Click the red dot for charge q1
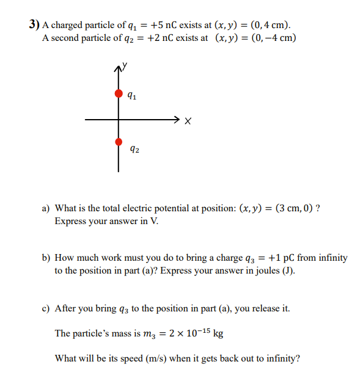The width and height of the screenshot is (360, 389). pos(119,93)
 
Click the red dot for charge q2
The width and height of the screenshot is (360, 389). pos(119,142)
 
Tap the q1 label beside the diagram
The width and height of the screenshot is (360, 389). pos(133,96)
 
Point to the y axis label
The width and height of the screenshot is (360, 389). pos(125,64)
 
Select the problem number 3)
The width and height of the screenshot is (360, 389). pos(34,25)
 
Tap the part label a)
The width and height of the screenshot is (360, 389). pos(46,208)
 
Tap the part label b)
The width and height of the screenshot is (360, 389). pos(46,258)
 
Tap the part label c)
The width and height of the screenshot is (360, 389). pos(46,308)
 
